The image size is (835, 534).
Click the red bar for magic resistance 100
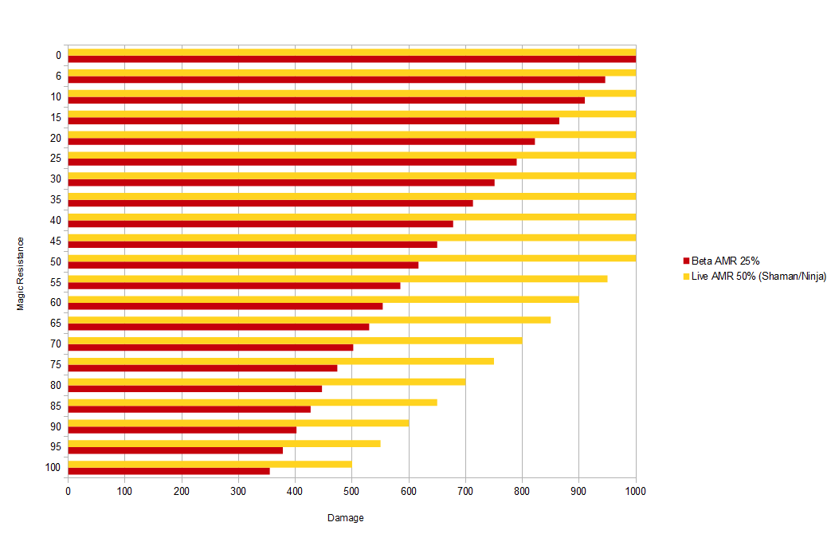(169, 471)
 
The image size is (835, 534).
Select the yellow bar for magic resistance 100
(210, 464)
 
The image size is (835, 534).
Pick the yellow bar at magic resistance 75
(280, 361)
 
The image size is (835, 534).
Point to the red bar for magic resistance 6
(336, 80)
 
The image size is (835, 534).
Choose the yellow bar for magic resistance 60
(323, 299)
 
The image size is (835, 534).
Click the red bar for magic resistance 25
(292, 162)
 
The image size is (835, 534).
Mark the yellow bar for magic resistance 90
(238, 422)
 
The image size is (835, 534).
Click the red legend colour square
(686, 261)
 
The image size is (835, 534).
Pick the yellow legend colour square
(686, 276)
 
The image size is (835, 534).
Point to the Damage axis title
(346, 518)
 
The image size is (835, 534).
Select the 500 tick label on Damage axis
(351, 492)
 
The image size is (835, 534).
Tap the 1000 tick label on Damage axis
(635, 492)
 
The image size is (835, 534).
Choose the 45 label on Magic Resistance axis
(56, 241)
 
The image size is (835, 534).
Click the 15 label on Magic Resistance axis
(56, 117)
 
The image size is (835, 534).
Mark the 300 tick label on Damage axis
(238, 492)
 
